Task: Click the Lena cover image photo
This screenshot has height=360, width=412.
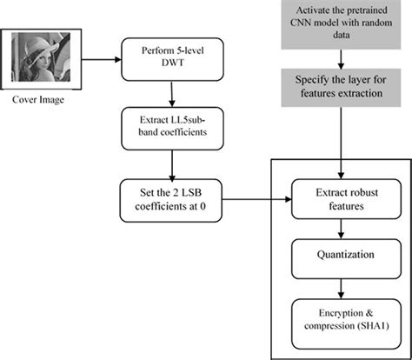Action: (43, 62)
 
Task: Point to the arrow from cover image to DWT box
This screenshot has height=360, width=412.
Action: (100, 61)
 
